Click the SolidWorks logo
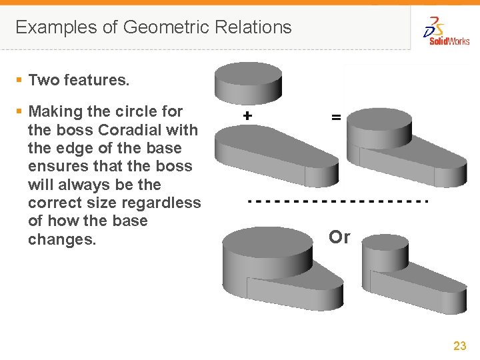(446, 31)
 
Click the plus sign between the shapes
(247, 115)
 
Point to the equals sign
(337, 117)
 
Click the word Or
(339, 237)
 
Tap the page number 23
(459, 345)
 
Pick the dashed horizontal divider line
(337, 200)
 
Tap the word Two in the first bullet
(44, 81)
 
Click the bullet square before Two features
(19, 81)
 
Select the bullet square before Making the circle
(19, 111)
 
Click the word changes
(62, 239)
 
